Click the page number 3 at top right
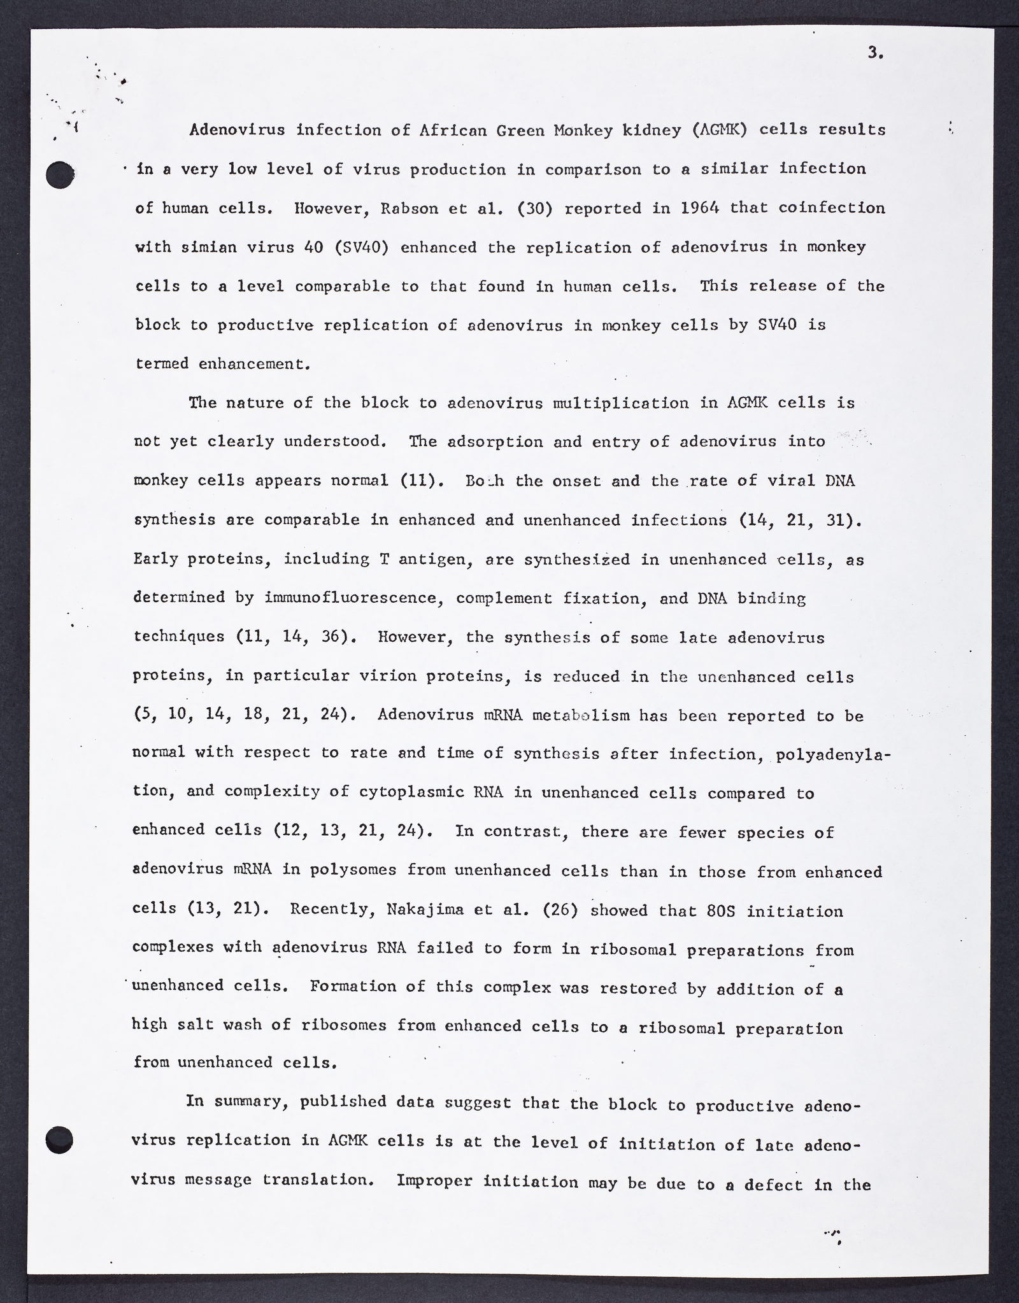click(875, 54)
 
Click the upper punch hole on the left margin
click(61, 174)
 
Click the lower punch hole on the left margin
click(61, 1139)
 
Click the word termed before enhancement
click(162, 364)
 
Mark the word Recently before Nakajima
click(326, 910)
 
